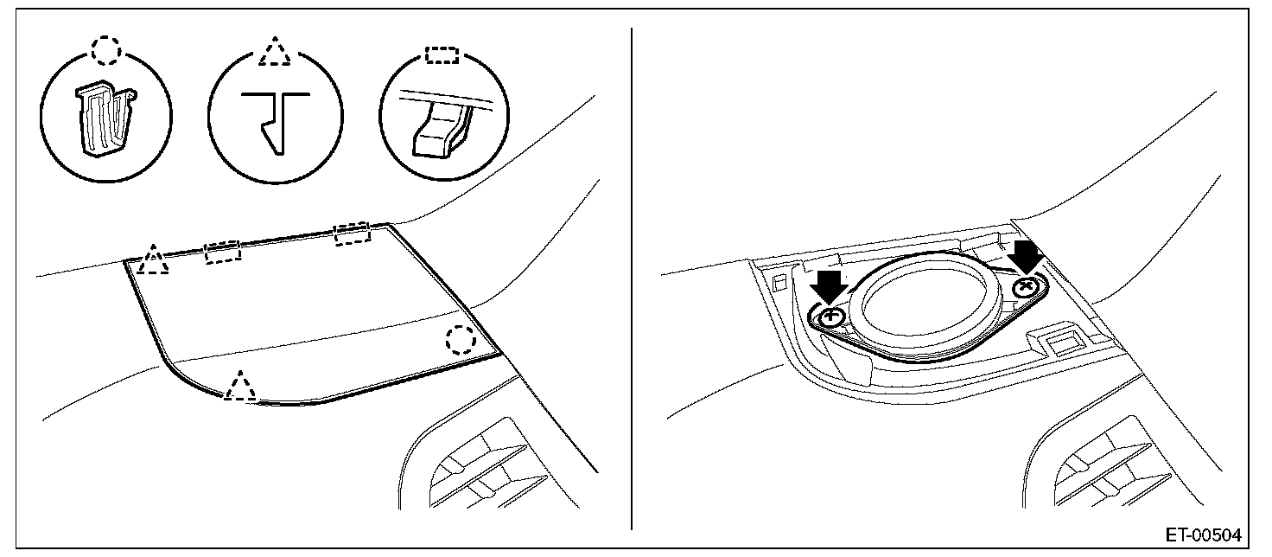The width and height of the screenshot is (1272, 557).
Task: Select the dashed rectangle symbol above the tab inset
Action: tap(443, 54)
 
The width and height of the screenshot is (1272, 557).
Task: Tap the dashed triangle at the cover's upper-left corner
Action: tap(153, 260)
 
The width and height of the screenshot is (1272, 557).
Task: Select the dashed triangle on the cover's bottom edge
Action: tap(239, 386)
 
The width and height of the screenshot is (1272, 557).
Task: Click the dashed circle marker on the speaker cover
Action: tap(461, 339)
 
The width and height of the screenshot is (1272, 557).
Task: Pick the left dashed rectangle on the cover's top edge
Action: tap(223, 253)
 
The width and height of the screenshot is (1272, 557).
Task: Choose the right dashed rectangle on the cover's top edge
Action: tap(352, 233)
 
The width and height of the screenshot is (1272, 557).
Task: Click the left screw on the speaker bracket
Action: tap(832, 317)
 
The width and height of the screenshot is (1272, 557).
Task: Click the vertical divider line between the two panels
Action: tap(633, 277)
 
